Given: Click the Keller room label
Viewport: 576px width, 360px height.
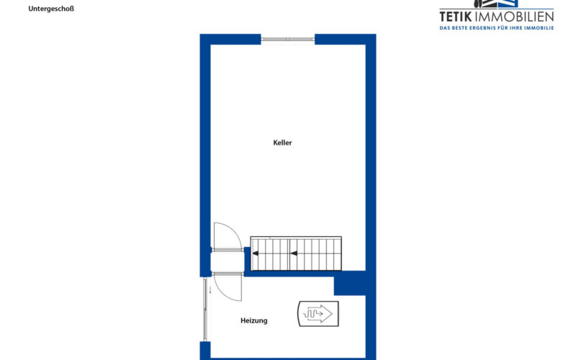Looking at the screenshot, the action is [x=282, y=143].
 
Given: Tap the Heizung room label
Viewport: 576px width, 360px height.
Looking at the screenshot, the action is [x=254, y=320].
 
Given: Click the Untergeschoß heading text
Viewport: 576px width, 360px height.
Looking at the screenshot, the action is [x=51, y=9].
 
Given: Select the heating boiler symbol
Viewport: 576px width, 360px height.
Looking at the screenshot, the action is [x=318, y=314].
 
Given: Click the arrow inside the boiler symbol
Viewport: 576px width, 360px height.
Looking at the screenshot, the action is [x=318, y=314].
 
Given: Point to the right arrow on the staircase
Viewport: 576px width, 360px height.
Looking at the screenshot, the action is [x=294, y=253].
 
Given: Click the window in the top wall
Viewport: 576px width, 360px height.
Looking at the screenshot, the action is [x=288, y=40].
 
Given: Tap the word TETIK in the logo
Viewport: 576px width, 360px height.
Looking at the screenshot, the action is [x=456, y=17].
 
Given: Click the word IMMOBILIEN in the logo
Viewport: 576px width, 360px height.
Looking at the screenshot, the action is [x=514, y=17].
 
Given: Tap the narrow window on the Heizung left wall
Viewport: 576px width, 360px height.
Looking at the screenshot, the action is [x=205, y=309].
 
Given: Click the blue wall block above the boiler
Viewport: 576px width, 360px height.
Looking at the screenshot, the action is [x=350, y=283].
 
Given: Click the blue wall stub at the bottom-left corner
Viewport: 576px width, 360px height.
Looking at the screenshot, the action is [x=205, y=351].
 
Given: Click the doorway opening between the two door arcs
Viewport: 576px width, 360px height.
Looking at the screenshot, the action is [x=228, y=262].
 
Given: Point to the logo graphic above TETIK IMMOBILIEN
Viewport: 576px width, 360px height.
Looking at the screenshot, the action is [x=495, y=4].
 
